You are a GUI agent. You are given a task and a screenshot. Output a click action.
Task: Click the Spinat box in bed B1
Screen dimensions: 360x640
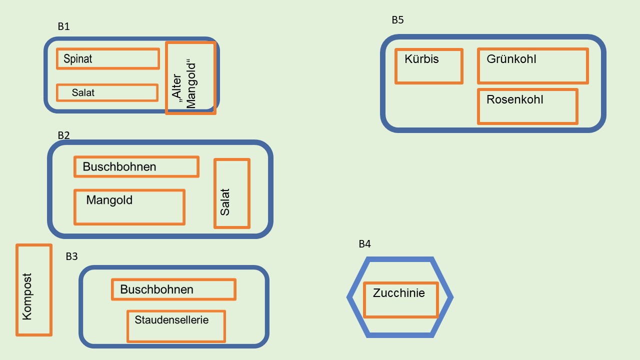point(108,59)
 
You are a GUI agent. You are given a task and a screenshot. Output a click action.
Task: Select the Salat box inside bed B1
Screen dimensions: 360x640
point(107,92)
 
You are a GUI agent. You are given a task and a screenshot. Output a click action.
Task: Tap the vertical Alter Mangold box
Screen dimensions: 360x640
point(190,78)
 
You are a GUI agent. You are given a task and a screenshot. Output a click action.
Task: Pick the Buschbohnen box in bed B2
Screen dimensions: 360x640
point(136,166)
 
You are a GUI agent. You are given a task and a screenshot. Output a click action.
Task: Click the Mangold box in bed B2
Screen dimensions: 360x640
point(129,207)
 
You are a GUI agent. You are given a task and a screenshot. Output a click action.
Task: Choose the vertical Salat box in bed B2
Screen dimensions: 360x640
point(231,193)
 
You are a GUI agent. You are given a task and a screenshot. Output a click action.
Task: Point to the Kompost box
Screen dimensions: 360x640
point(34,290)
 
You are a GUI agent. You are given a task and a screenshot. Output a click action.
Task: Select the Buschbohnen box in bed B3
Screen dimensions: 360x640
point(173,289)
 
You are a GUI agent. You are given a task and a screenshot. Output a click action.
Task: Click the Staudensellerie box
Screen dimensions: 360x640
point(176,326)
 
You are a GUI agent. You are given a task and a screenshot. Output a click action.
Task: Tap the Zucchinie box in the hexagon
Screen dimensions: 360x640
point(400,300)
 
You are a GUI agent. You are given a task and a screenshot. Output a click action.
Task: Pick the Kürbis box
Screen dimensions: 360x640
point(428,66)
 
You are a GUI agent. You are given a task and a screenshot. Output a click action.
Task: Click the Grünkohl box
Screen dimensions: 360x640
point(532,66)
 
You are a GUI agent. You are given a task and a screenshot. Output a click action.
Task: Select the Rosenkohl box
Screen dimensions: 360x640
point(527,106)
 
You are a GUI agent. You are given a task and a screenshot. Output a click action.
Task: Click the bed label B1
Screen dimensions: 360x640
point(63,27)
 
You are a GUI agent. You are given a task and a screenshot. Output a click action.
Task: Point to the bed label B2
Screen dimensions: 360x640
point(63,135)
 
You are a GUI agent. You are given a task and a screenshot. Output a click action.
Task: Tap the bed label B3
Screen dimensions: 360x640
point(71,256)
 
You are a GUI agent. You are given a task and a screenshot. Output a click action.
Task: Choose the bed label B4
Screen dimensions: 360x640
point(364,244)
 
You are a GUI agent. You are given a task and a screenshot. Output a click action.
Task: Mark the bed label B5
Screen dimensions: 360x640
point(397,20)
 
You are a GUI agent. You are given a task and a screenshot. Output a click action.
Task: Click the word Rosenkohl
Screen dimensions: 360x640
point(514,99)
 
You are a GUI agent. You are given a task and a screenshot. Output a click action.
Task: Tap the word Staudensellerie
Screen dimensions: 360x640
point(171,319)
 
